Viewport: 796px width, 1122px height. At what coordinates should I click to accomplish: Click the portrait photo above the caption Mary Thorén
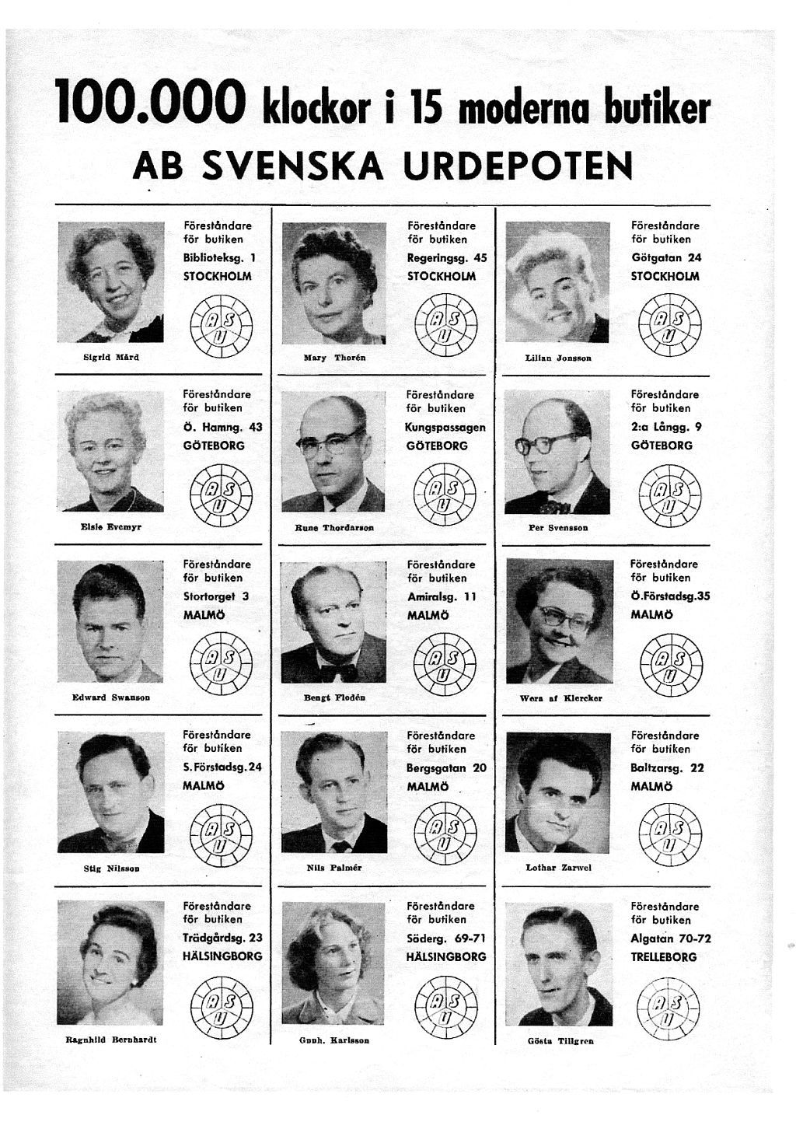point(333,283)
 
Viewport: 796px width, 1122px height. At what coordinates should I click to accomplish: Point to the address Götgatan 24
point(666,257)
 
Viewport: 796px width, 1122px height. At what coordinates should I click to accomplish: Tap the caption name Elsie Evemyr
point(111,526)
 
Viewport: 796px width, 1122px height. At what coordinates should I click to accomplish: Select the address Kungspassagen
point(445,427)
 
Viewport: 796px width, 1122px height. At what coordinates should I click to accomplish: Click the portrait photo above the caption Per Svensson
point(557,452)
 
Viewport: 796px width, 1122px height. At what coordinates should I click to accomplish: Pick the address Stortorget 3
point(216,596)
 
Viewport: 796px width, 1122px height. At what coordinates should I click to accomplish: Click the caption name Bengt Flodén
point(334,697)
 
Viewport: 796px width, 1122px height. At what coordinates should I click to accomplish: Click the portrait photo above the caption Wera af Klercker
point(557,621)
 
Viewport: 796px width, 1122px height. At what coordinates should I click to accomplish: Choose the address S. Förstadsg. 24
point(222,767)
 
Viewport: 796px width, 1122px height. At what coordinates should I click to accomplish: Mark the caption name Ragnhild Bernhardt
point(111,1039)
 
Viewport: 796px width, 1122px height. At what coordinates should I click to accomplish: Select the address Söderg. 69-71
point(445,938)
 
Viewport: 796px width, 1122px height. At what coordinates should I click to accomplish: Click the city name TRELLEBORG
point(664,957)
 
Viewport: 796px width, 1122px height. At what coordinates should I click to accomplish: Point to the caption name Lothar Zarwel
point(558,867)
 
